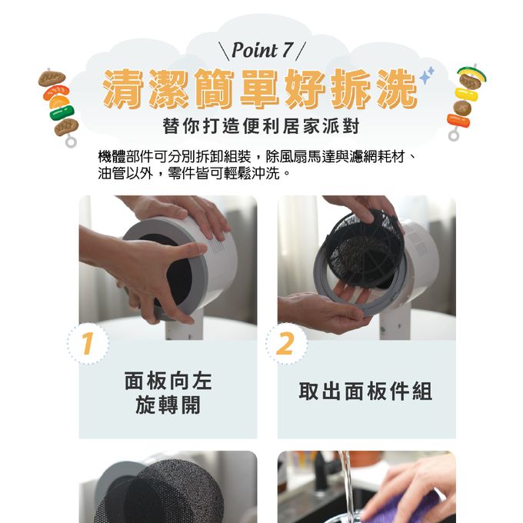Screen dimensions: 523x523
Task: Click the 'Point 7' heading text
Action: [262, 51]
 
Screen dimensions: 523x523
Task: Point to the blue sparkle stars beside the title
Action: [425, 75]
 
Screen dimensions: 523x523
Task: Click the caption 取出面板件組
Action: [365, 391]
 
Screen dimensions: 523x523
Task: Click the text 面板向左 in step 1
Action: [168, 381]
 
